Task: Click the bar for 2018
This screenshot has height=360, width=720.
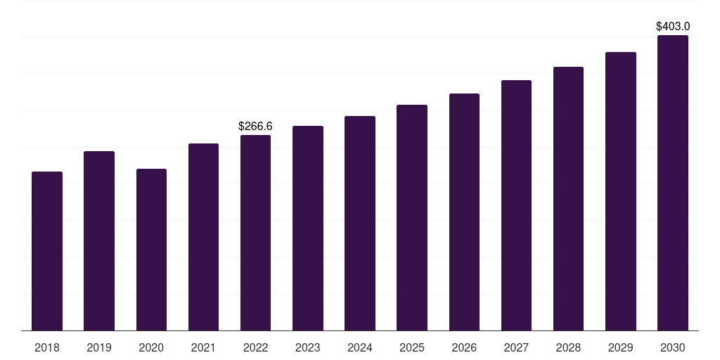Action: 47,251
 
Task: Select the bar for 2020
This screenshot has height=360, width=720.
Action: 151,250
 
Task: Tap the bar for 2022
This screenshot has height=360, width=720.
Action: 255,233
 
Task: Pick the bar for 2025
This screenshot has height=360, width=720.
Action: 412,217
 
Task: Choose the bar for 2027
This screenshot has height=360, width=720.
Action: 516,205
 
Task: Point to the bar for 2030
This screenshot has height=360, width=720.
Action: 673,183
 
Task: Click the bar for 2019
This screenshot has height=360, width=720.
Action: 99,240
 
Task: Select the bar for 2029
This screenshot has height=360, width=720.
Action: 621,191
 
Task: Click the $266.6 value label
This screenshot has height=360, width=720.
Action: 255,127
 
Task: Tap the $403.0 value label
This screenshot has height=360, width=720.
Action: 673,27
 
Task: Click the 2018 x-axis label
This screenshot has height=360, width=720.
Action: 47,348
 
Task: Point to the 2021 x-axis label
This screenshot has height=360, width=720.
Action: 203,348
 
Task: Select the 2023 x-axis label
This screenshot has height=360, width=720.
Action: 308,348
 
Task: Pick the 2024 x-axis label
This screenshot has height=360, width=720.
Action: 360,348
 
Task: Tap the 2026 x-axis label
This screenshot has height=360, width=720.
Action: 464,348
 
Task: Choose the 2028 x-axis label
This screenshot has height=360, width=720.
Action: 568,348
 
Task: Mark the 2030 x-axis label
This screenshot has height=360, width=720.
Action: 673,348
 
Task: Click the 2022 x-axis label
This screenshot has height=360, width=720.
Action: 255,348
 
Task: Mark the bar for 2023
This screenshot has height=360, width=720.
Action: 308,228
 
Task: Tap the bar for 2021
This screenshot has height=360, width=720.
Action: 203,237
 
